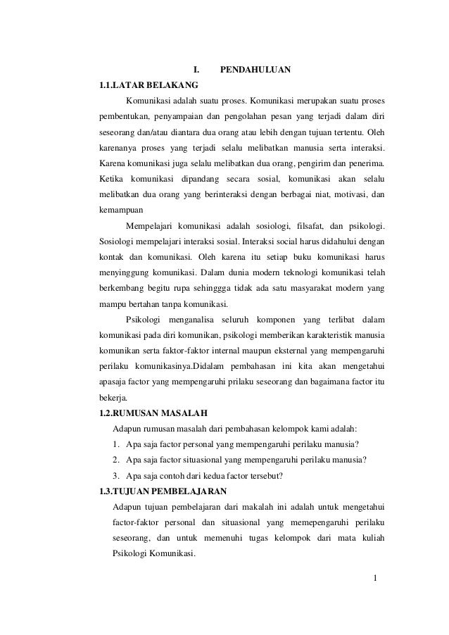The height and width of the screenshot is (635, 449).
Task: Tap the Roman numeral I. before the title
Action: pyautogui.click(x=196, y=70)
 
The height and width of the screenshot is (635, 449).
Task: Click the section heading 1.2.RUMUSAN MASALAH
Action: pyautogui.click(x=153, y=413)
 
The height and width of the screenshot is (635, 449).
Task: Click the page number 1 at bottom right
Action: pyautogui.click(x=376, y=579)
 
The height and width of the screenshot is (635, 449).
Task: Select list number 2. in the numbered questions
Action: pyautogui.click(x=115, y=460)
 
